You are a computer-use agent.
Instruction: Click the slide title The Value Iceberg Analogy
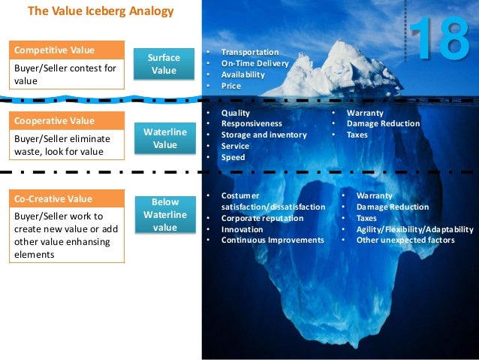click(101, 11)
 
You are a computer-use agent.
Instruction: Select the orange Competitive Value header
click(67, 50)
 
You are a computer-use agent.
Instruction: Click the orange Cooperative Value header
click(67, 120)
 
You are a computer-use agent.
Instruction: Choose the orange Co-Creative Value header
click(67, 199)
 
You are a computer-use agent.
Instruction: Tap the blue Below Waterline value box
click(164, 215)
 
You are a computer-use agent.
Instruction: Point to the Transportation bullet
click(249, 53)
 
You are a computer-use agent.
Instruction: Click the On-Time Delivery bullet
click(255, 63)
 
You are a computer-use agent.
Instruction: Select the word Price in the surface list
click(231, 86)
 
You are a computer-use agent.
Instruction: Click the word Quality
click(235, 113)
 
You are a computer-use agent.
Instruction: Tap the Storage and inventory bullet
click(264, 135)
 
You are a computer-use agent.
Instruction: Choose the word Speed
click(233, 157)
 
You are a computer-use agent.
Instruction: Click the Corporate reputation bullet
click(262, 218)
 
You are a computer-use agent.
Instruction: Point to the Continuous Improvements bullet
click(272, 240)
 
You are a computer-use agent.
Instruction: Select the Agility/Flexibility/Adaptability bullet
click(414, 229)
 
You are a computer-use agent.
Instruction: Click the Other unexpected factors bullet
click(405, 240)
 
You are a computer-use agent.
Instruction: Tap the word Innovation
click(242, 229)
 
